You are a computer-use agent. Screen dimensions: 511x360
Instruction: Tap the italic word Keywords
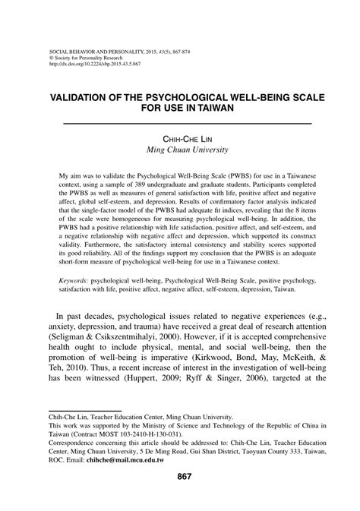74,280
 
